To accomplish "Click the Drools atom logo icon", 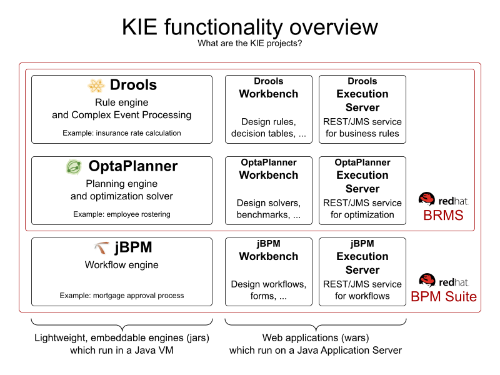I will coord(96,86).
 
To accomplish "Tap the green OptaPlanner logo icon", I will coord(74,167).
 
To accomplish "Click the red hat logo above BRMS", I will coord(427,200).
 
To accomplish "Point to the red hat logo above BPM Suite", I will coord(427,281).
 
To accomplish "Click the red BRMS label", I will coord(443,216).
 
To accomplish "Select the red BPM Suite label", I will coord(443,296).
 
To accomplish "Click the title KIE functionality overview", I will coord(250,27).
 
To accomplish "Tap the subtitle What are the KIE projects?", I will coord(250,44).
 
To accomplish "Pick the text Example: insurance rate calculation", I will coord(122,133).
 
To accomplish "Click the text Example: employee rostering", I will coord(122,214).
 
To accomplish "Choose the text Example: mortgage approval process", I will coord(122,296).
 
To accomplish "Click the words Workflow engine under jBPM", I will coord(122,265).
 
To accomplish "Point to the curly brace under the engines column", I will coord(122,324).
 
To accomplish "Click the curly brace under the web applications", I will coord(316,324).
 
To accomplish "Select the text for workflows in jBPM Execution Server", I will coord(362,296).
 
